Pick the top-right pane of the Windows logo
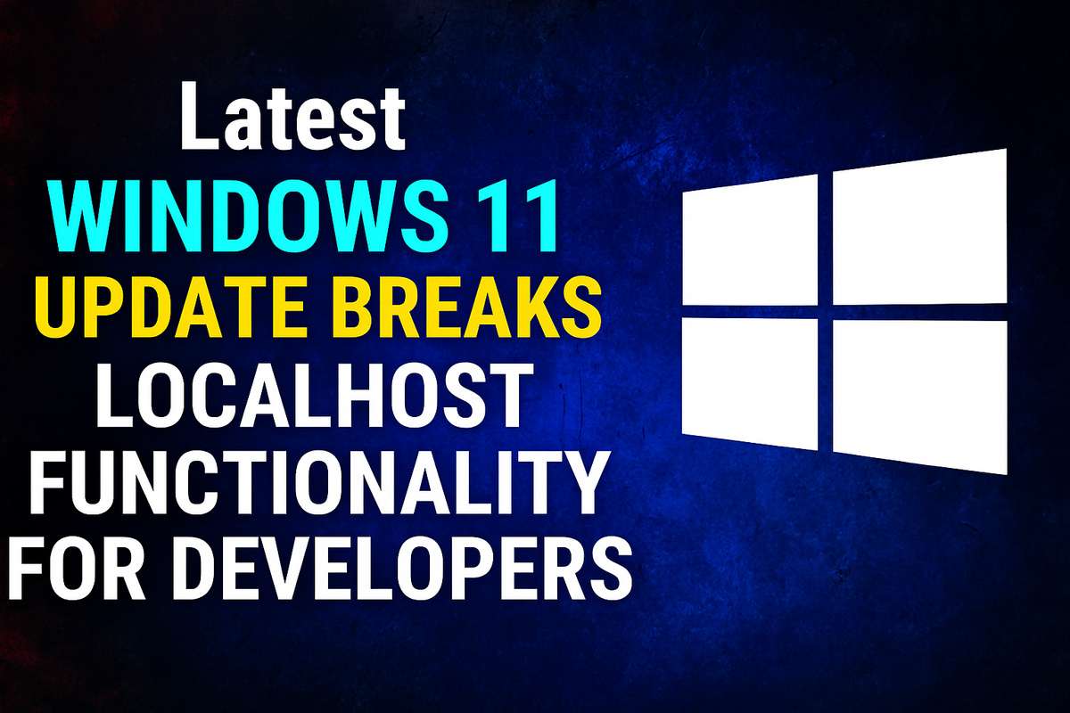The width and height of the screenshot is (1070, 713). click(919, 227)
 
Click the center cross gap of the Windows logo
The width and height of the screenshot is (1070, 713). click(825, 308)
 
